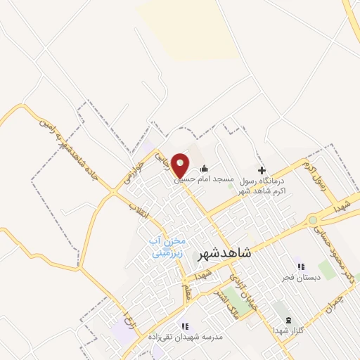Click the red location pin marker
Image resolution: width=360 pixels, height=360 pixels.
(x=181, y=166)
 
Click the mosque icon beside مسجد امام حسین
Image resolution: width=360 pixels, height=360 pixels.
(x=205, y=168)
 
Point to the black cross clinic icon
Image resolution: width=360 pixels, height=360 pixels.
(x=262, y=169)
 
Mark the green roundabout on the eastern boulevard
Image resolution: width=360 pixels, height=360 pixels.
(x=312, y=220)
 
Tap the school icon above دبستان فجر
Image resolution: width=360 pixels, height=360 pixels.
(x=300, y=267)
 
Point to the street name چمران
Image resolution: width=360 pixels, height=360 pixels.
(x=338, y=302)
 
